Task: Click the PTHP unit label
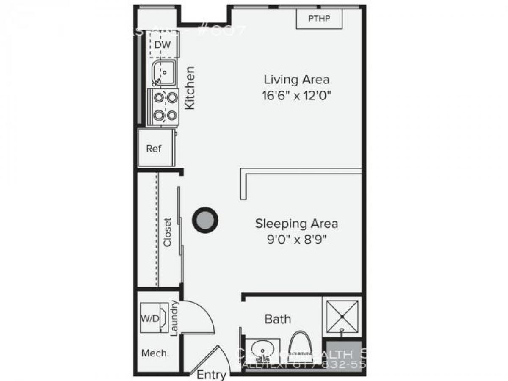click(319, 19)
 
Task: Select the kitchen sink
click(163, 73)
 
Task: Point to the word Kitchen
click(190, 88)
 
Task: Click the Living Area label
click(297, 79)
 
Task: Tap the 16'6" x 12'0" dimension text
click(297, 95)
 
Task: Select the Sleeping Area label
click(297, 223)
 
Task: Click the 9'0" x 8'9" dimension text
click(297, 240)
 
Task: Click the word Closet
click(168, 232)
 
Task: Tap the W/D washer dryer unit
click(152, 318)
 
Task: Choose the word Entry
click(212, 375)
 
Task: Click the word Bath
click(278, 318)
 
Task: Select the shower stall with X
click(341, 316)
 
